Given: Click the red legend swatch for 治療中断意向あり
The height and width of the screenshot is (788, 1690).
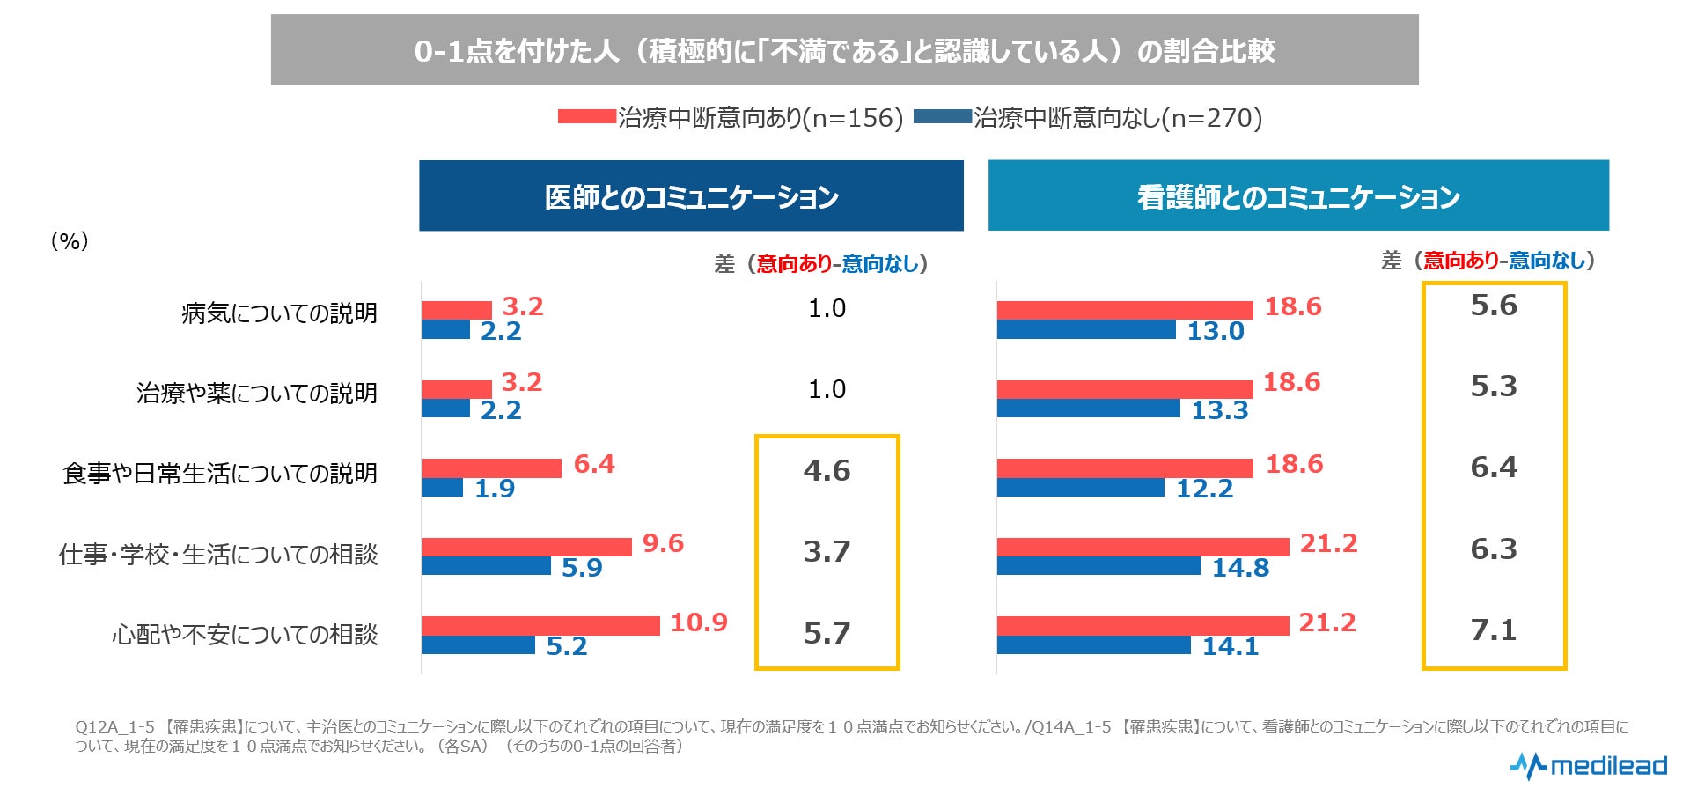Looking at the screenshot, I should [x=586, y=116].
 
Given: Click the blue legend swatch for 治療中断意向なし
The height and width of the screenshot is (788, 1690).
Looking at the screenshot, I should [x=942, y=116].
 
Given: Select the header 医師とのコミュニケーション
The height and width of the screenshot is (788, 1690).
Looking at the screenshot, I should [x=691, y=196].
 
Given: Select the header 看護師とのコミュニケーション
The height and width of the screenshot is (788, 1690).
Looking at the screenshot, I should [x=1298, y=196].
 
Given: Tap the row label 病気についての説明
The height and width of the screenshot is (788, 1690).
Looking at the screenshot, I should [x=279, y=313].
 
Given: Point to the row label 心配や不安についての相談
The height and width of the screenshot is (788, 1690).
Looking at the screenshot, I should [x=245, y=635].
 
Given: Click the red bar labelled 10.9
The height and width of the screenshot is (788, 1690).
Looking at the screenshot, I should [x=540, y=625].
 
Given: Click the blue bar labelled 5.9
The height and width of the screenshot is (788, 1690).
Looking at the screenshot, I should [x=487, y=566].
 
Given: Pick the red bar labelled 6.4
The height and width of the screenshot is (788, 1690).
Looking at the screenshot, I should [x=491, y=468].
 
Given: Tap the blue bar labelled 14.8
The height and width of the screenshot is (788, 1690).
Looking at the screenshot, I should [x=1098, y=566].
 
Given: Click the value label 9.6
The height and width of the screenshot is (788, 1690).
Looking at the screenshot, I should [x=663, y=543].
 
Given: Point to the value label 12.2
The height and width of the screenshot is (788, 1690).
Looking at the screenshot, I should [x=1204, y=489].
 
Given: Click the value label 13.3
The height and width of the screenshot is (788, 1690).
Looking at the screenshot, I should [x=1219, y=410].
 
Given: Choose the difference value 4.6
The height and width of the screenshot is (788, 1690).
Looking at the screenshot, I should [x=827, y=471].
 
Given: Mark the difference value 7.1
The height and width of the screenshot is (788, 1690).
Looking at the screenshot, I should [x=1494, y=630].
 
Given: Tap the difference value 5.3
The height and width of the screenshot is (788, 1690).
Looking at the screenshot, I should [x=1494, y=387].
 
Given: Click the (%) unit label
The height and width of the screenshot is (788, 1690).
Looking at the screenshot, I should [x=70, y=241].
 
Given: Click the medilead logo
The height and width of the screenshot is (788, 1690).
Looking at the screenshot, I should [x=1588, y=765].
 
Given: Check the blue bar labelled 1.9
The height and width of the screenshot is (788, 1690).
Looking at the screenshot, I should [x=443, y=487].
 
